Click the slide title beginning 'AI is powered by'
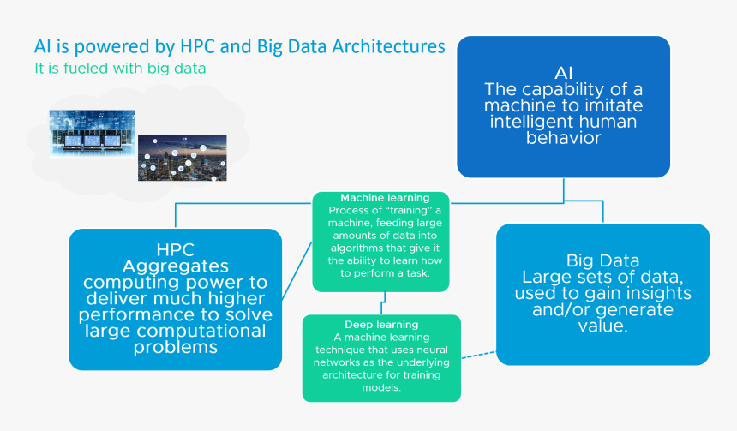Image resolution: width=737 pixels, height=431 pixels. point(239,46)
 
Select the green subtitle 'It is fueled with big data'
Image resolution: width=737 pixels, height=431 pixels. point(120,67)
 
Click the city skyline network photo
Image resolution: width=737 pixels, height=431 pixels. point(183,157)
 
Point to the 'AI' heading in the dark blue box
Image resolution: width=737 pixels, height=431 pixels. point(563,73)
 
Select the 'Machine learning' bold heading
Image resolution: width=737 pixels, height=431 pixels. point(385,198)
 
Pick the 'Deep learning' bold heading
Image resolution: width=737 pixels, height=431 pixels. point(381,325)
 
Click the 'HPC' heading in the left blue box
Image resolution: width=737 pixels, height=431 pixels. point(176,249)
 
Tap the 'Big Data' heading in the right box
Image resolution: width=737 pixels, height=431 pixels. point(603,260)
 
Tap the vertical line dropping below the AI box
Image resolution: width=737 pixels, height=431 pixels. point(563,190)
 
